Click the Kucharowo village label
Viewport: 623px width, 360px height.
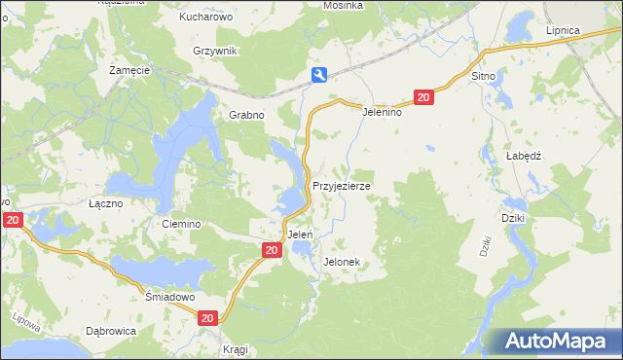[203, 18]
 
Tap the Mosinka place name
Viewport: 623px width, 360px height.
[344, 6]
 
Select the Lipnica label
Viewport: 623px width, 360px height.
[563, 30]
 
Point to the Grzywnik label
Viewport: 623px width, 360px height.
[214, 50]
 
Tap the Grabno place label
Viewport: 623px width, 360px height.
[247, 114]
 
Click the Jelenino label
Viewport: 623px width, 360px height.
[383, 112]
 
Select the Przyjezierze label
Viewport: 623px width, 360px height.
[341, 185]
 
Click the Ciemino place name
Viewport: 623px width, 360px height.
[182, 224]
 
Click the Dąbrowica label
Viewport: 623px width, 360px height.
[110, 331]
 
